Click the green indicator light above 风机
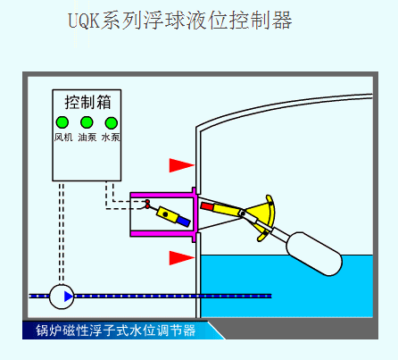pos(62,122)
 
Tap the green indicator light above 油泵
pos(87,122)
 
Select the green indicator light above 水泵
pos(112,122)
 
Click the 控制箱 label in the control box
pos(87,102)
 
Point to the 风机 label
pos(63,138)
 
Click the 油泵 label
pos(87,138)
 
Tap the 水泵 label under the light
pos(111,138)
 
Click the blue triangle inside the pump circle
pos(69,297)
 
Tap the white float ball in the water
pos(314,254)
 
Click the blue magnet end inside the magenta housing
pos(184,222)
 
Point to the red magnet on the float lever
pos(207,206)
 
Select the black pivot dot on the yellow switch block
pos(165,213)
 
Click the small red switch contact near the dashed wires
pos(147,204)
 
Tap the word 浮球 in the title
pos(165,21)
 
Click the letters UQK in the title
pos(84,21)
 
